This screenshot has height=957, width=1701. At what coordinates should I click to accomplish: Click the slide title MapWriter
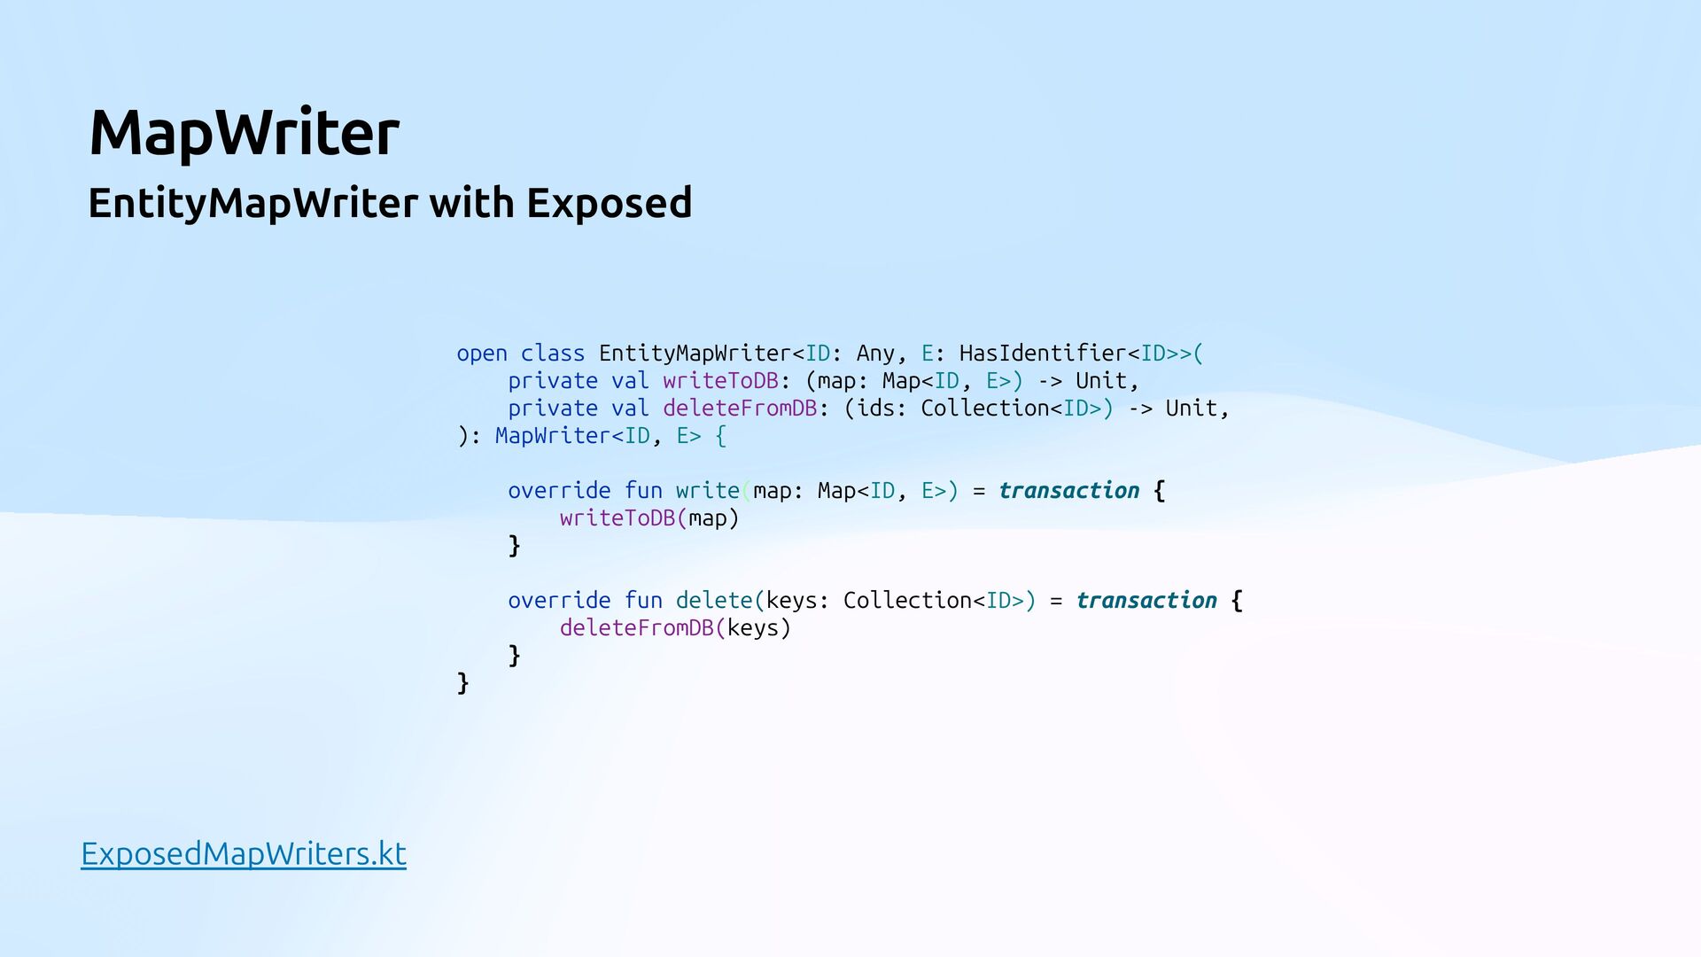coord(244,133)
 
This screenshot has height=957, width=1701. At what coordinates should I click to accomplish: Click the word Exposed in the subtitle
coord(609,203)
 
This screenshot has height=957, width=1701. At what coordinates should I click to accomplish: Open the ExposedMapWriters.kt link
coord(244,853)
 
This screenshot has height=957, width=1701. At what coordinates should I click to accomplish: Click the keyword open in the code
coord(482,354)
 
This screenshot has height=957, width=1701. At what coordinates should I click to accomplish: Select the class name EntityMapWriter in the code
coord(695,354)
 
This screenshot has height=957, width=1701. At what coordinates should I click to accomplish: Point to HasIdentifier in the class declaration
coord(1042,354)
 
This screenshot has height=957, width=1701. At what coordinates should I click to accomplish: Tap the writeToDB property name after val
coord(720,381)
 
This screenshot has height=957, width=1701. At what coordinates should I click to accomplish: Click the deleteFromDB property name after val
coord(740,408)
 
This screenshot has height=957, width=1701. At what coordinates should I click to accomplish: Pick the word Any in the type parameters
coord(875,354)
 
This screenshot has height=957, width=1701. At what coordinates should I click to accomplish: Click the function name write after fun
coord(707,491)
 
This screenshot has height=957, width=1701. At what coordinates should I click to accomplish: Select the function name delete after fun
coord(714,601)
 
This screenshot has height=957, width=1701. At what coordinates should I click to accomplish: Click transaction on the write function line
coord(1068,491)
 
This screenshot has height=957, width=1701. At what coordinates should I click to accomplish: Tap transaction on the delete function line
coord(1146,601)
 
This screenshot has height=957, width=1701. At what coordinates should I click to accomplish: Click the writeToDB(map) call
coord(649,518)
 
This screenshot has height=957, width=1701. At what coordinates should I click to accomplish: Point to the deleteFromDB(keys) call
coord(674,628)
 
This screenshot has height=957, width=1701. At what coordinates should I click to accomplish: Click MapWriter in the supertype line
coord(553,436)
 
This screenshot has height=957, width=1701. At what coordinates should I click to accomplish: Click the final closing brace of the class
coord(462,683)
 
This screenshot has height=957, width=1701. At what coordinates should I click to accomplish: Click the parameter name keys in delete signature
coord(791,601)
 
